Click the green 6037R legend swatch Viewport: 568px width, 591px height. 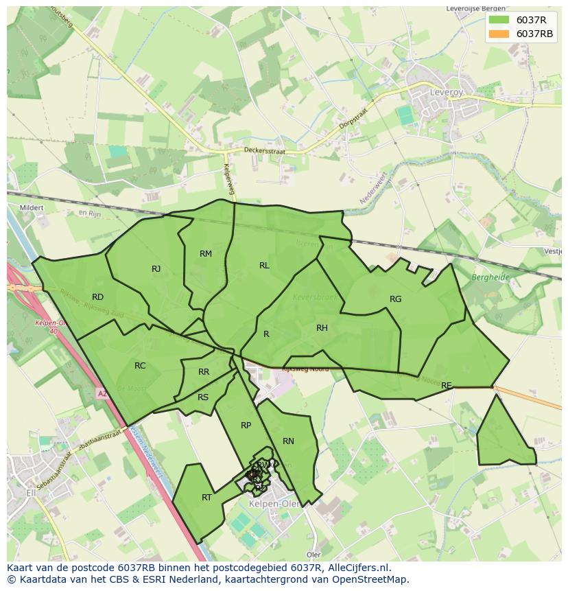click(x=499, y=20)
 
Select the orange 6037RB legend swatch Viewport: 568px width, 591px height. click(x=499, y=34)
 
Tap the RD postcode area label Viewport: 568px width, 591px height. click(x=97, y=297)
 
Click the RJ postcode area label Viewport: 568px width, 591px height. click(x=156, y=269)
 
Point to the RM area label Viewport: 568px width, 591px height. click(x=206, y=254)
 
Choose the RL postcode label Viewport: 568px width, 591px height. click(x=264, y=266)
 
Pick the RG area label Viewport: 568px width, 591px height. click(x=395, y=299)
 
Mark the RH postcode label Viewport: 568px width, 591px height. click(x=322, y=328)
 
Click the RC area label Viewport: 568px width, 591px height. click(x=140, y=366)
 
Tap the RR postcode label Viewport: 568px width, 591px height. click(x=204, y=372)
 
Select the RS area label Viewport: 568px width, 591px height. click(x=203, y=397)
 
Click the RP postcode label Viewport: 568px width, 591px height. click(x=246, y=426)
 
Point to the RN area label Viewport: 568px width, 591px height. click(x=288, y=441)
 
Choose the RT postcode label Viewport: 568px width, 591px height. click(x=206, y=498)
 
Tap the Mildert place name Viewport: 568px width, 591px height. click(x=32, y=207)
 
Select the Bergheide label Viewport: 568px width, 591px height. click(x=490, y=277)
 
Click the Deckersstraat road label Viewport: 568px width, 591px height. click(x=264, y=150)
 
